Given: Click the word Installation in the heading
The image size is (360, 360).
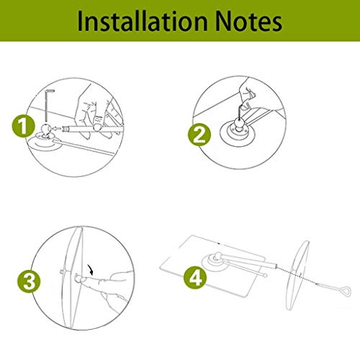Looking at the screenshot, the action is [143, 22].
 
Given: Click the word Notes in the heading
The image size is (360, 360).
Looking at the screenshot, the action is [248, 22].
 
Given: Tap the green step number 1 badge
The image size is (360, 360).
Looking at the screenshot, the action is [23, 126].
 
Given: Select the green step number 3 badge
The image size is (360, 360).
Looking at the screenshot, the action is [29, 281].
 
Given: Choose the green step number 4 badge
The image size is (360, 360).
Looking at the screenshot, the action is [195, 277].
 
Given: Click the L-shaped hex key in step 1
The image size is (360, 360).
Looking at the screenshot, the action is [46, 106].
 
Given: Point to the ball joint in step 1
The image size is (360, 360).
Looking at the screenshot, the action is [45, 129].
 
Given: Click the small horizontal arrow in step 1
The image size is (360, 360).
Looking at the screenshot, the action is [57, 129].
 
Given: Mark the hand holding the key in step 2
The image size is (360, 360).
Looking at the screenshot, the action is [246, 95].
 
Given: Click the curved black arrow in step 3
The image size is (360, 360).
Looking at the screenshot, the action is [91, 270].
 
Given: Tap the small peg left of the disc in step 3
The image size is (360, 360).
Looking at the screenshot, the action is [61, 271].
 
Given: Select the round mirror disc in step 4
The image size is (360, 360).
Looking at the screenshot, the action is [297, 275].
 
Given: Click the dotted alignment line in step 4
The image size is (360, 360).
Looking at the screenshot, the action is [297, 274].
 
